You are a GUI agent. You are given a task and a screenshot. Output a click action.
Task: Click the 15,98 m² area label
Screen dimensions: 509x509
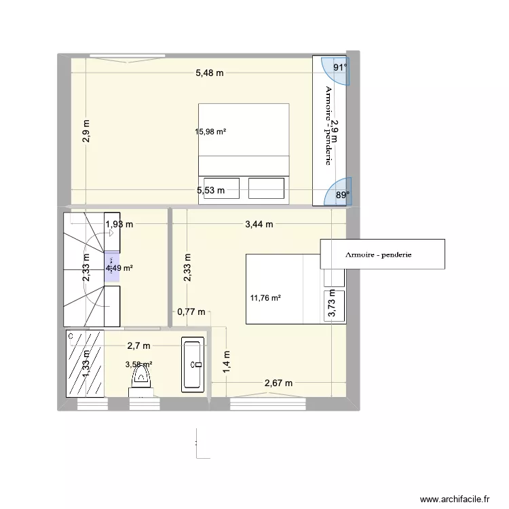pos(210,132)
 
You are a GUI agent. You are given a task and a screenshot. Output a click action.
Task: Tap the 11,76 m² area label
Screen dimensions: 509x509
pos(265,297)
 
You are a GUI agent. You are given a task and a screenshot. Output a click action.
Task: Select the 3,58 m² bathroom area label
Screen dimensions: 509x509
pos(139,364)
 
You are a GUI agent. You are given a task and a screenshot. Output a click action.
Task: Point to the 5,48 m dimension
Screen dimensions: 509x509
pos(210,73)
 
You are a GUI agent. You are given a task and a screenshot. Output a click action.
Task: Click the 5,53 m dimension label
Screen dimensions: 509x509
pos(210,191)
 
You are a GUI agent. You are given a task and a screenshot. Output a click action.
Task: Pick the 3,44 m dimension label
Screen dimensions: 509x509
pos(259,224)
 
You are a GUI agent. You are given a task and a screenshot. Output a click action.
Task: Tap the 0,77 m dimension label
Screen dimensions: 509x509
pos(191,312)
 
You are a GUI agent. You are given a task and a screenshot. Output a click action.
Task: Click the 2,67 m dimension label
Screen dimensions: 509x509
pos(278,383)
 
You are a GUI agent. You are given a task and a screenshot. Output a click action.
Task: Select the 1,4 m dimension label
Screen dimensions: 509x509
pos(227,360)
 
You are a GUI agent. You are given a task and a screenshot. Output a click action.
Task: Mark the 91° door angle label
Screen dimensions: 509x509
pos(339,67)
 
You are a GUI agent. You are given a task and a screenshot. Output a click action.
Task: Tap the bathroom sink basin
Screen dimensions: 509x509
pos(195,364)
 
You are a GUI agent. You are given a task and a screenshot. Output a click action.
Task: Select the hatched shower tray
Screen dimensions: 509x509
pos(86,364)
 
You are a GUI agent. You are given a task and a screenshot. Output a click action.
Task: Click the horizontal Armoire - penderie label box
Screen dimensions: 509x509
pos(383,254)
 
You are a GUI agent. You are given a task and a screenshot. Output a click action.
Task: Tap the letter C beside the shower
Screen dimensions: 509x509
pos(70,335)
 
